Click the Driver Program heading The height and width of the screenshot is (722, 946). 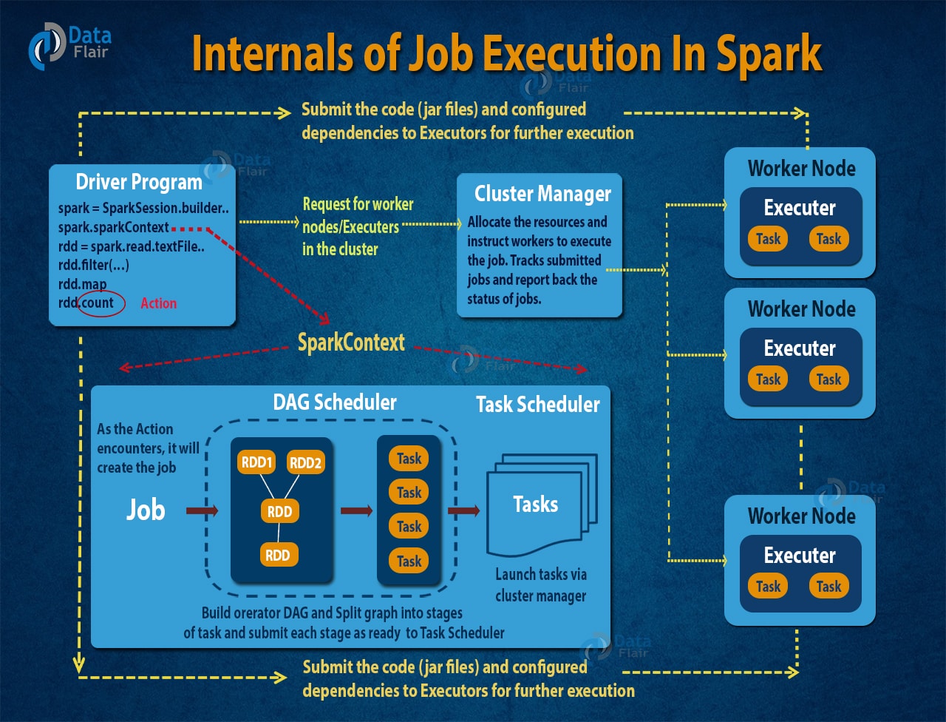point(139,182)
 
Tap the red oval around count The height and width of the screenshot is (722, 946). point(102,303)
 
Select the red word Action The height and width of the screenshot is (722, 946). point(158,303)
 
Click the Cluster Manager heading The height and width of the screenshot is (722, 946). point(542,194)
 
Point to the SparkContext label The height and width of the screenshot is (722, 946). point(351,342)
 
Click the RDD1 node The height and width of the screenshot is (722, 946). point(256,463)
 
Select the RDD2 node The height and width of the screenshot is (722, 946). point(306,463)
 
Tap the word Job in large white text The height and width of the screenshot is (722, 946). point(145,509)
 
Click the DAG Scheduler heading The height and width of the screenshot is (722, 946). point(335,402)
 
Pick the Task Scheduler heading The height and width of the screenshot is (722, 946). point(537,404)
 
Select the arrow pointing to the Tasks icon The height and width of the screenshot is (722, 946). point(463,510)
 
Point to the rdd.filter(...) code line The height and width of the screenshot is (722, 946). point(94,265)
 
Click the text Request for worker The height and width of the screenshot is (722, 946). point(358,204)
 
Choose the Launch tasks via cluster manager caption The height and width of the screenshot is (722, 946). point(540,584)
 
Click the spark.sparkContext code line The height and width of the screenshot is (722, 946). point(114,227)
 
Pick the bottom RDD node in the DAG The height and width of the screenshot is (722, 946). point(278,555)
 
